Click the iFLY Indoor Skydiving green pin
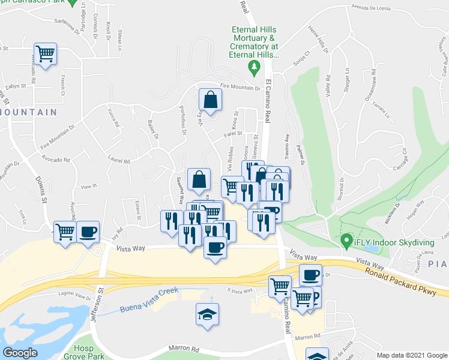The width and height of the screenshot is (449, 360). tap(346, 242)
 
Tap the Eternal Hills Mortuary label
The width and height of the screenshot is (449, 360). tap(255, 42)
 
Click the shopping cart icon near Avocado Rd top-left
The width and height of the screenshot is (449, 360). tap(45, 54)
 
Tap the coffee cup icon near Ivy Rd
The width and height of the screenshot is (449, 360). tap(88, 232)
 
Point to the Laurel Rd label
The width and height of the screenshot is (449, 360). tap(119, 160)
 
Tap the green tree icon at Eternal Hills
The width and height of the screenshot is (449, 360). tap(255, 65)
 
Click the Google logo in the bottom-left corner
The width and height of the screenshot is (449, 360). tap(20, 353)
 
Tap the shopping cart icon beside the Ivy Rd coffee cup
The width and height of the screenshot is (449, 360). tap(65, 232)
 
